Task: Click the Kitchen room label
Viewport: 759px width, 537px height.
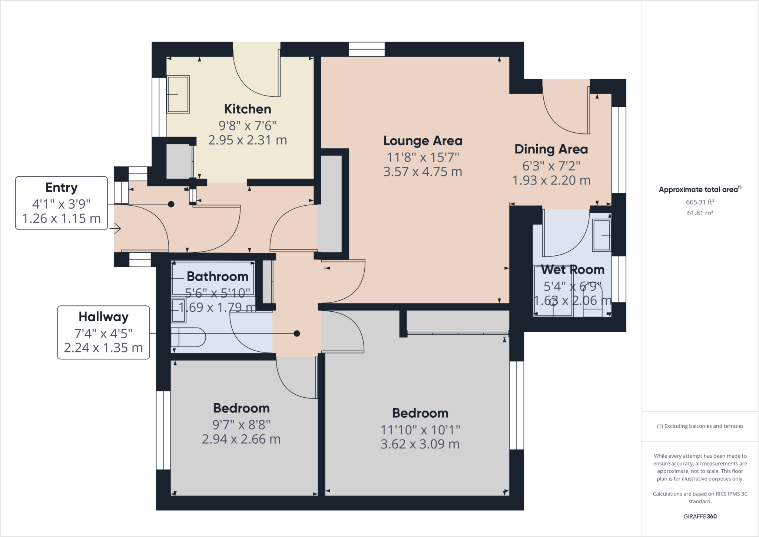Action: pos(248,109)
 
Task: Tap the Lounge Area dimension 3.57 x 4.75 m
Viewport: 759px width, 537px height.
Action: pos(422,172)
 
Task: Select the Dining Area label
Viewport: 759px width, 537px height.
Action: pos(551,149)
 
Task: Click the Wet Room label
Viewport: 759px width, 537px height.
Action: pos(573,270)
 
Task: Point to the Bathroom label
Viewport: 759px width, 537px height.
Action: pos(217,276)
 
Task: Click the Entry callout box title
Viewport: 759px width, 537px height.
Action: pos(62,188)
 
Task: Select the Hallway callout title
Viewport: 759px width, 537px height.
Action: pos(103,317)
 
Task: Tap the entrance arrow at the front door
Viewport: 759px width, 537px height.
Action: pos(117,229)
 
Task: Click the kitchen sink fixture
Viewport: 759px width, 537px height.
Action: pos(178,95)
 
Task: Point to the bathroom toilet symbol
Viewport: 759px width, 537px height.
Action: pos(188,337)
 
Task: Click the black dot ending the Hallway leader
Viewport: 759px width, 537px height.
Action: pos(296,334)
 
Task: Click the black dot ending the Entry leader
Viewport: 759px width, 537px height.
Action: pos(171,204)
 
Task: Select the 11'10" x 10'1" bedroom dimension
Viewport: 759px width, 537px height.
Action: pos(420,430)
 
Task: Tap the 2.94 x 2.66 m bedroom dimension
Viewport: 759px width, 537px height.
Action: pos(241,440)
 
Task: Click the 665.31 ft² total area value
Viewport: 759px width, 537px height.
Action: pos(700,202)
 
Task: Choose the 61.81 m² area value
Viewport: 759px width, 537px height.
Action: pos(700,213)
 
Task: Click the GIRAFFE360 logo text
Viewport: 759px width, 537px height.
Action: pos(700,516)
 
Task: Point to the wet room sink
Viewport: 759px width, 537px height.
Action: pos(601,235)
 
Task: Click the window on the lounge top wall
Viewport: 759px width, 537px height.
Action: pos(367,49)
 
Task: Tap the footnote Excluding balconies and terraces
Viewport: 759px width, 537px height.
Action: pos(700,426)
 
